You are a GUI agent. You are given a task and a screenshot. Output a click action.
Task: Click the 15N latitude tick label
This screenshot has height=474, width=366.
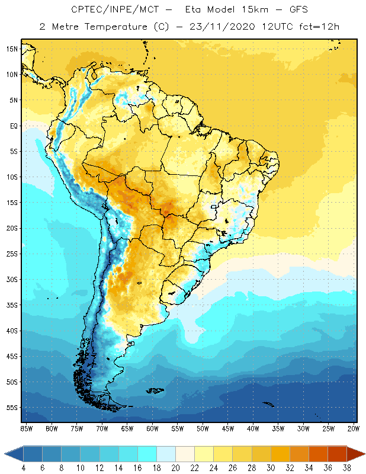[12, 49]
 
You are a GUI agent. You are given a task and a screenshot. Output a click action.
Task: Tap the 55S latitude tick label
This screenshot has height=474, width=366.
[12, 408]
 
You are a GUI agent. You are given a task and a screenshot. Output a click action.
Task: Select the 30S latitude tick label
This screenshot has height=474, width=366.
[12, 280]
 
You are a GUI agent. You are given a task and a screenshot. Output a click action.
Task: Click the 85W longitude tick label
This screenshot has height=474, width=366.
[26, 428]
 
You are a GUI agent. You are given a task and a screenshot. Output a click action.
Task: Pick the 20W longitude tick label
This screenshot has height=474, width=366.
[354, 428]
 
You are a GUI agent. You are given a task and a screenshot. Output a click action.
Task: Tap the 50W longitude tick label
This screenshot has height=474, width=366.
[203, 428]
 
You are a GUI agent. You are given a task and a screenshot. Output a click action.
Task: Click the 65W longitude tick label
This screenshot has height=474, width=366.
[127, 428]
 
